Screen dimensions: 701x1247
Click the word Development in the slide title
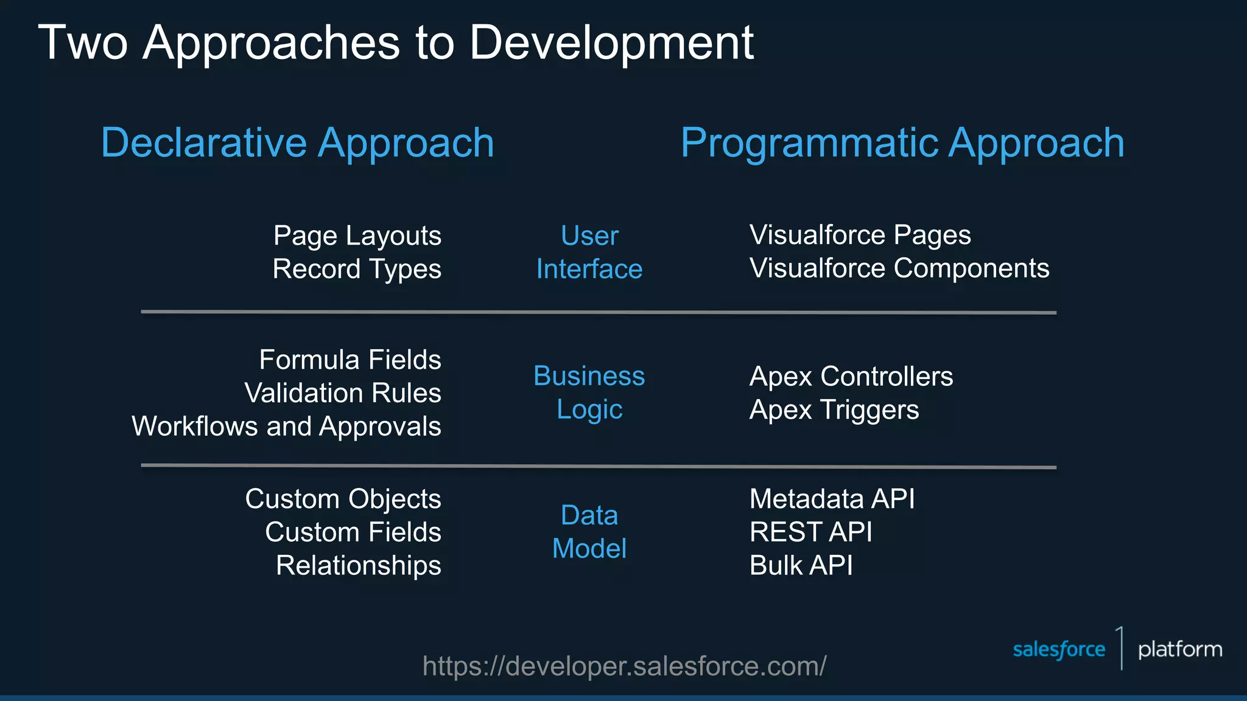point(611,44)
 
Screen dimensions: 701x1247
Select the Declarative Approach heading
point(297,143)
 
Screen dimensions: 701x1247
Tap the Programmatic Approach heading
point(902,143)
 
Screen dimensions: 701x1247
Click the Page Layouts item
point(357,236)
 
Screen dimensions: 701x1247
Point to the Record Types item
point(357,269)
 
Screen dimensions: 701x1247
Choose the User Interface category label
point(589,253)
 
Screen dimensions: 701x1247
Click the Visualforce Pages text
point(860,235)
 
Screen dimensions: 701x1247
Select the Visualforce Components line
point(899,268)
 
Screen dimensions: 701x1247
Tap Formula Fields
point(350,360)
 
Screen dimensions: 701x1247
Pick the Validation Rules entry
point(343,393)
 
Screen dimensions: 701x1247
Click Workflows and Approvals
point(286,426)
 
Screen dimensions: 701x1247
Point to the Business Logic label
point(589,392)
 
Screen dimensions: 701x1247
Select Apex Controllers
point(851,377)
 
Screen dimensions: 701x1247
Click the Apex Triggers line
point(834,410)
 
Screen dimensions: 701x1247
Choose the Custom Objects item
point(343,499)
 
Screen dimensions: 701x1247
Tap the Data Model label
point(589,532)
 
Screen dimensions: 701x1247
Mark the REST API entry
point(810,532)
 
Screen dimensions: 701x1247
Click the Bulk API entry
point(801,565)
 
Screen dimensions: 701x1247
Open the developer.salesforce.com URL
point(624,666)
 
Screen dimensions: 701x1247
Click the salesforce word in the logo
point(1058,650)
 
